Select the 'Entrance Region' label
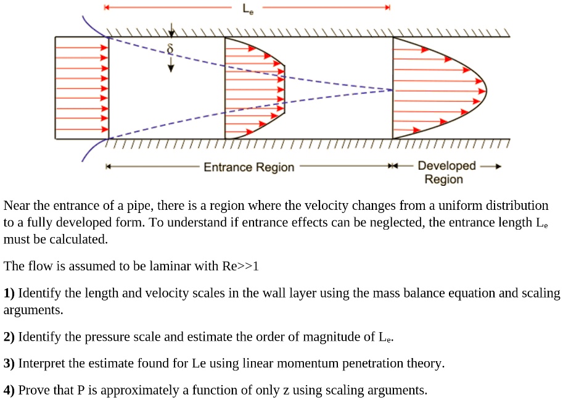point(249,167)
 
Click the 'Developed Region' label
point(446,172)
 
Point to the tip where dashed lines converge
point(392,90)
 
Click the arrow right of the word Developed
point(491,166)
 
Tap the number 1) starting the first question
point(9,293)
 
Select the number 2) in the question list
point(9,337)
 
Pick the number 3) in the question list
point(9,364)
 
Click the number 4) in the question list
point(9,390)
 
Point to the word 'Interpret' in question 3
point(41,364)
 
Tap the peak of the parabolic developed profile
point(486,90)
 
